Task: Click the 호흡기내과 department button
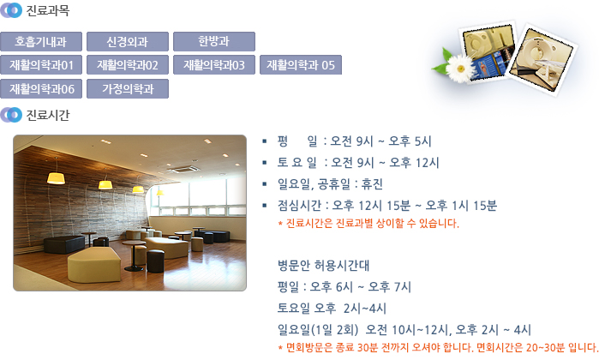click(41, 42)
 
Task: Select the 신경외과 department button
click(128, 42)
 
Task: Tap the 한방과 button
click(214, 42)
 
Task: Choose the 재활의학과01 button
click(41, 65)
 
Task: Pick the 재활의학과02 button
click(128, 65)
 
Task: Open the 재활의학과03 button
click(214, 65)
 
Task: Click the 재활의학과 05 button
click(301, 65)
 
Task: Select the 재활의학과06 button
click(41, 88)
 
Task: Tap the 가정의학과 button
click(128, 88)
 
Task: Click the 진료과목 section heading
click(48, 10)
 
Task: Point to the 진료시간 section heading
click(48, 115)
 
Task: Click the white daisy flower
click(460, 69)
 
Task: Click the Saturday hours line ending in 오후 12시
click(358, 163)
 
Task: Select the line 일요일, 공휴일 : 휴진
click(330, 184)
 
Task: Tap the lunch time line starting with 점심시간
click(387, 206)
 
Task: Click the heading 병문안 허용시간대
click(323, 265)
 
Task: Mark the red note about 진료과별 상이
click(368, 223)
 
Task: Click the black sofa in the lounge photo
click(64, 244)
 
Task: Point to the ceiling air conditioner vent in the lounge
click(184, 169)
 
